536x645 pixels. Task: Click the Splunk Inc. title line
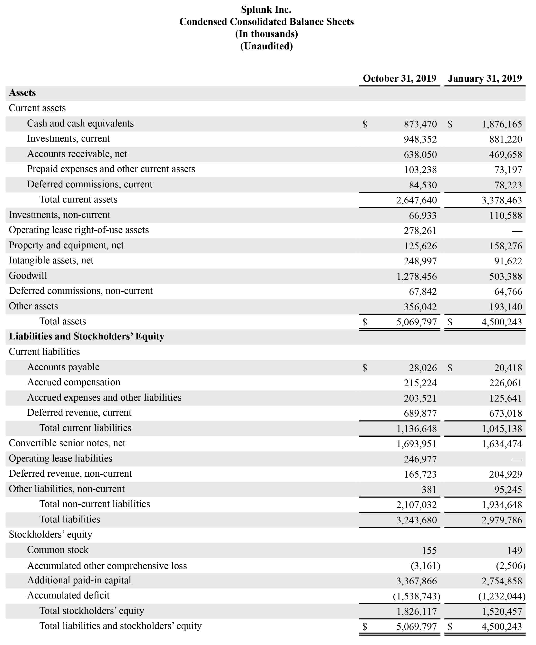pyautogui.click(x=266, y=10)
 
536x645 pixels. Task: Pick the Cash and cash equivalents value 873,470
pyautogui.click(x=420, y=124)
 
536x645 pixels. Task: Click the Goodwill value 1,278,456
pyautogui.click(x=416, y=276)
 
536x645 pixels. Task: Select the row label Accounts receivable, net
pyautogui.click(x=77, y=154)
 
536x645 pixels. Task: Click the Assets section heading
pyautogui.click(x=22, y=93)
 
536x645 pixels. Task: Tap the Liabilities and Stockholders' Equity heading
pyautogui.click(x=86, y=336)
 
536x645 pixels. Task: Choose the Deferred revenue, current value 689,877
pyautogui.click(x=420, y=414)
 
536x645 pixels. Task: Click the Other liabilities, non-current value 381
pyautogui.click(x=429, y=490)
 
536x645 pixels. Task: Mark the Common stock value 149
pyautogui.click(x=515, y=550)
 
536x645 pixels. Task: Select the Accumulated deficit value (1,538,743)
pyautogui.click(x=416, y=596)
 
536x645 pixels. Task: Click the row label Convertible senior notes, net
pyautogui.click(x=67, y=443)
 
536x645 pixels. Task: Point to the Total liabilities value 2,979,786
pyautogui.click(x=502, y=520)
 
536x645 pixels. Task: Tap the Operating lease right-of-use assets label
pyautogui.click(x=79, y=230)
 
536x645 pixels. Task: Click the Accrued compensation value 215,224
pyautogui.click(x=420, y=383)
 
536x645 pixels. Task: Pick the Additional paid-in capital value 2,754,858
pyautogui.click(x=502, y=581)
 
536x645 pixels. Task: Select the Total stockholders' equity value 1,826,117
pyautogui.click(x=416, y=612)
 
